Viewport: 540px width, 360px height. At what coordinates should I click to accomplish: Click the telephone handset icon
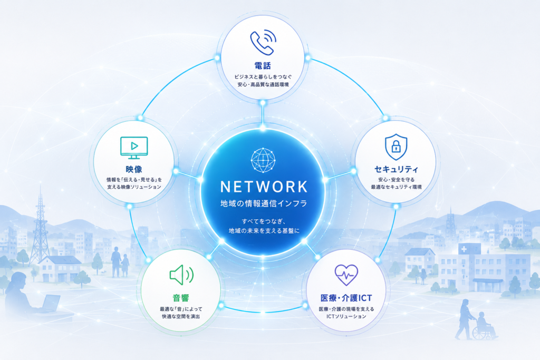(263, 42)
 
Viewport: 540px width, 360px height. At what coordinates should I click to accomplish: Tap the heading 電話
(263, 65)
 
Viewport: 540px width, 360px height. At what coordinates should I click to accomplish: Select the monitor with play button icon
(134, 148)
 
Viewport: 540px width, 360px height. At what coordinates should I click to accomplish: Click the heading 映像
(134, 169)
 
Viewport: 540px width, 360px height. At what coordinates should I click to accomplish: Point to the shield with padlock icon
(396, 147)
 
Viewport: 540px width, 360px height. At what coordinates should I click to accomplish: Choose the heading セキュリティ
(396, 169)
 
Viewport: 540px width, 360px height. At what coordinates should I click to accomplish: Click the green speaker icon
(181, 275)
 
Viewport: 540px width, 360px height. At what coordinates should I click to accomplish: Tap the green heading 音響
(181, 298)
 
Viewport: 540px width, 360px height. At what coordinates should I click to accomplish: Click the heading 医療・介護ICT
(346, 298)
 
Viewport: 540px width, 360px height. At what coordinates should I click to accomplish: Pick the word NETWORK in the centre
(264, 187)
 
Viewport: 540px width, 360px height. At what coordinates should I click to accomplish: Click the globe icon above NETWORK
(263, 160)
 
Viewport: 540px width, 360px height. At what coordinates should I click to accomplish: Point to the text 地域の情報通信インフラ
(264, 203)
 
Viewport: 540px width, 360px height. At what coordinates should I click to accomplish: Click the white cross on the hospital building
(464, 249)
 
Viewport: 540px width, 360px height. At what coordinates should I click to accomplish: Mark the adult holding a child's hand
(116, 261)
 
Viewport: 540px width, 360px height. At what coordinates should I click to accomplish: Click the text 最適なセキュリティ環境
(396, 187)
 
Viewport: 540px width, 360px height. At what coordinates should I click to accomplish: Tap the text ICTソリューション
(346, 316)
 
